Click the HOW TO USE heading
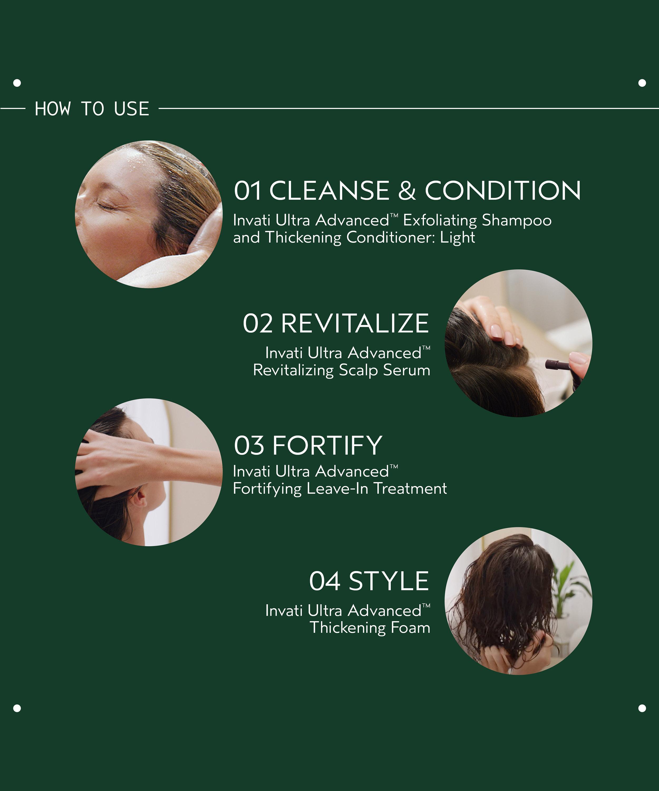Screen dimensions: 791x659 [92, 109]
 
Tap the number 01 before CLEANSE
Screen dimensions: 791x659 [248, 191]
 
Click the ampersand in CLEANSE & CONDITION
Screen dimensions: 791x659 [407, 191]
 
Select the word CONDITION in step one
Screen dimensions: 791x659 [503, 191]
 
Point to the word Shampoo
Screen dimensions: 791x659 [517, 221]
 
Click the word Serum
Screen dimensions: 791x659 [407, 370]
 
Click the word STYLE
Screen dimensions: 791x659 [389, 581]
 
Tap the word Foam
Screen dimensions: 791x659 [410, 628]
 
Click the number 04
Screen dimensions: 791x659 [324, 581]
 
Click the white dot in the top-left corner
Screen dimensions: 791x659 [17, 83]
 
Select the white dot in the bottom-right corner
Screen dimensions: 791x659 [642, 708]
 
